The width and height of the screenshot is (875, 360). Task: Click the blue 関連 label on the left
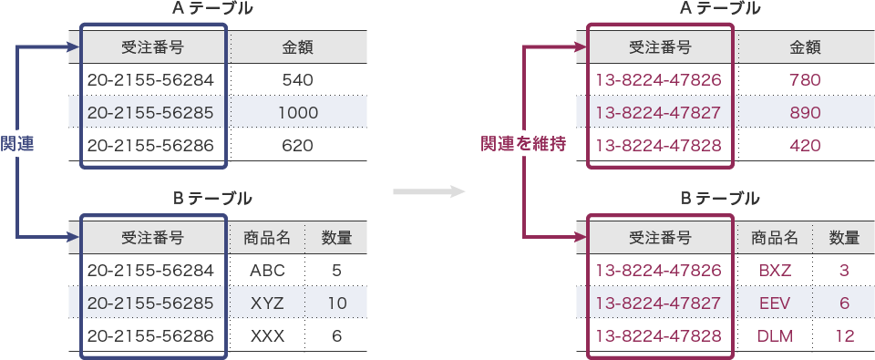click(17, 144)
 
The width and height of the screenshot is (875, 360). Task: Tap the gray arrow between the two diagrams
click(428, 192)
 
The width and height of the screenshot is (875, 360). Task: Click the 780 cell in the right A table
click(806, 80)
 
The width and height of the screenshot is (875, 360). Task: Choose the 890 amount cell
click(806, 113)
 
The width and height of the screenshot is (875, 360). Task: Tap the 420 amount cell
click(806, 146)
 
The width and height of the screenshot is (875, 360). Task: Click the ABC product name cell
click(267, 271)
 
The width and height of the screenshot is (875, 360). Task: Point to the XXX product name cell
click(267, 336)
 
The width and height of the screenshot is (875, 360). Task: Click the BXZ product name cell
click(775, 271)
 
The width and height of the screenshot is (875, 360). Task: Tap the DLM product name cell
click(775, 336)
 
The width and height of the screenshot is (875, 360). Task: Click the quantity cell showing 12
click(844, 336)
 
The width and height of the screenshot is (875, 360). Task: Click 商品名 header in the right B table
click(775, 238)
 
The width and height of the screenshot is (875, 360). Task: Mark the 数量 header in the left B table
click(336, 238)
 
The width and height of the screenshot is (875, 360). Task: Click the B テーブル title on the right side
click(720, 198)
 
